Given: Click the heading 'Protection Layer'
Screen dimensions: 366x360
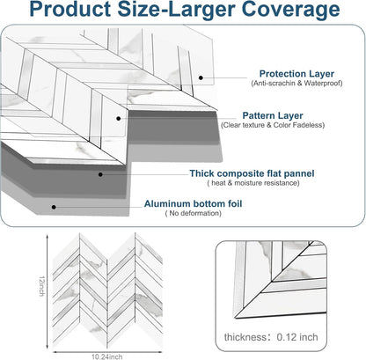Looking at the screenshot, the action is pyautogui.click(x=296, y=74).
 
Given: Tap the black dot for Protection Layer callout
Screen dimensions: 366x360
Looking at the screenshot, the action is pyautogui.click(x=201, y=77).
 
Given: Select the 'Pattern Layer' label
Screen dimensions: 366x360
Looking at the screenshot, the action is pyautogui.click(x=273, y=115).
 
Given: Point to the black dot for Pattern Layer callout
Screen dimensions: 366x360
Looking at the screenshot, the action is pyautogui.click(x=119, y=119).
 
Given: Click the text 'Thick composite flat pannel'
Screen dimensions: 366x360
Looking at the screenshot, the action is pyautogui.click(x=252, y=173).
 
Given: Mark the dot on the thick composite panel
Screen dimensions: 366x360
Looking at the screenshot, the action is pyautogui.click(x=100, y=174).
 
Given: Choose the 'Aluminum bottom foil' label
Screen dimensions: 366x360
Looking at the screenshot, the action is pyautogui.click(x=193, y=203).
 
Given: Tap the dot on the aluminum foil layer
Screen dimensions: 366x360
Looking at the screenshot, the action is pyautogui.click(x=54, y=207).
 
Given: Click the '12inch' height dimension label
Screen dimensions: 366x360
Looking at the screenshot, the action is pyautogui.click(x=42, y=286).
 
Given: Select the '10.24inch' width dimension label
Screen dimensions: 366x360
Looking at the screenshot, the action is pyautogui.click(x=107, y=356).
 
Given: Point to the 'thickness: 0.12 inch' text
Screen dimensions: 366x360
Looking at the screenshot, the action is pyautogui.click(x=271, y=337).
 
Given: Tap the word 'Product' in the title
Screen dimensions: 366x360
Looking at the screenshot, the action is pyautogui.click(x=70, y=9).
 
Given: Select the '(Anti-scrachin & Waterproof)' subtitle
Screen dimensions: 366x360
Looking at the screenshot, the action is pyautogui.click(x=296, y=83).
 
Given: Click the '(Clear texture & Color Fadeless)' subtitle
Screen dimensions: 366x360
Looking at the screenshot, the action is pyautogui.click(x=273, y=125).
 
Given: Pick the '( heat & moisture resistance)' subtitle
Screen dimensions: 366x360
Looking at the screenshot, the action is pyautogui.click(x=253, y=183).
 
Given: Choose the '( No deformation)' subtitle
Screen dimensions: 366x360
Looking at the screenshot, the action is pyautogui.click(x=194, y=213).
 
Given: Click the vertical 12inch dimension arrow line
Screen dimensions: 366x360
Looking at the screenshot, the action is pyautogui.click(x=48, y=291).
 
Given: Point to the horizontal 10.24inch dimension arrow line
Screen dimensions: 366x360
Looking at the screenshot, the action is pyautogui.click(x=107, y=352).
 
